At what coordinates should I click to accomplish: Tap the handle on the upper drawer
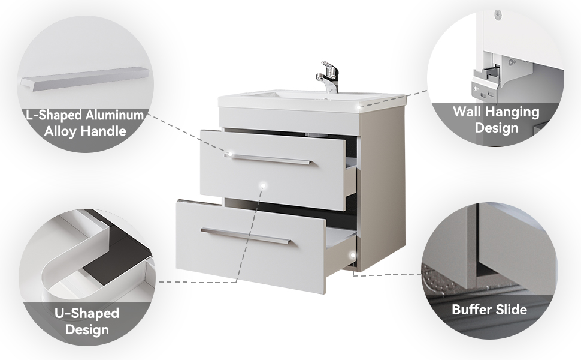pyautogui.click(x=268, y=159)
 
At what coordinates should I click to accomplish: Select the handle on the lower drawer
pyautogui.click(x=246, y=236)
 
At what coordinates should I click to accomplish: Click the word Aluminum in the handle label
pyautogui.click(x=114, y=115)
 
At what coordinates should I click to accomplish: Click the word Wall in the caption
pyautogui.click(x=467, y=112)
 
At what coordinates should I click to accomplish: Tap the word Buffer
pyautogui.click(x=469, y=310)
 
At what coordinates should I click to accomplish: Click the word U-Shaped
pyautogui.click(x=87, y=313)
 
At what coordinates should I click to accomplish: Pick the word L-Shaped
pyautogui.click(x=54, y=115)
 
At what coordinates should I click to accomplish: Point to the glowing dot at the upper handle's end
pyautogui.click(x=230, y=154)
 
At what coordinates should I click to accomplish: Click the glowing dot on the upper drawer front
pyautogui.click(x=263, y=185)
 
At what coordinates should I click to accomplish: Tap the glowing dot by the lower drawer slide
pyautogui.click(x=353, y=256)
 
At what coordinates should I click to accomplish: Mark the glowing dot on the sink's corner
pyautogui.click(x=359, y=107)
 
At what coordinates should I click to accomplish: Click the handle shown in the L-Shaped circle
pyautogui.click(x=85, y=79)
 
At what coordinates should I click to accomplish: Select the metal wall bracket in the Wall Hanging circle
pyautogui.click(x=485, y=85)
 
